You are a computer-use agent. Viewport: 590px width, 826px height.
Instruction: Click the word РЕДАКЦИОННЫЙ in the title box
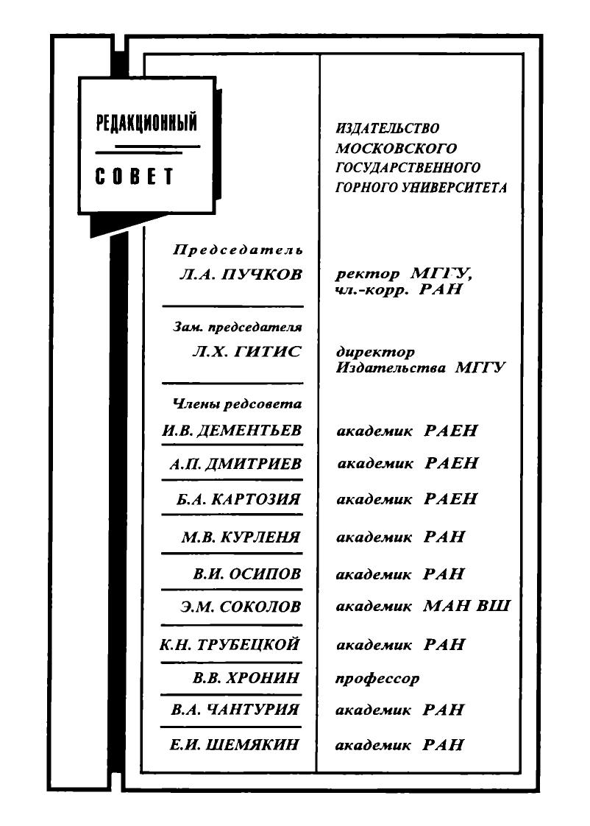click(x=146, y=122)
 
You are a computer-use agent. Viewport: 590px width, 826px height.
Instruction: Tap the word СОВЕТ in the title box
click(x=134, y=177)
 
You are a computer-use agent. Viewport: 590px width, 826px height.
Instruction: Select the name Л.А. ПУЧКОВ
click(x=241, y=274)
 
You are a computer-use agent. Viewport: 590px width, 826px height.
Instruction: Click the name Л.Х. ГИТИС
click(x=247, y=351)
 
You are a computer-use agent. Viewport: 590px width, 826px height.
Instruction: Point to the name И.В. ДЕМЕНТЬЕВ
click(x=232, y=431)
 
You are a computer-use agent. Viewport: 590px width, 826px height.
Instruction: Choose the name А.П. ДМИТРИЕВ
click(x=235, y=464)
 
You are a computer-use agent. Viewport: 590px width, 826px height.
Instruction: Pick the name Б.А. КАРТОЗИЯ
click(x=238, y=499)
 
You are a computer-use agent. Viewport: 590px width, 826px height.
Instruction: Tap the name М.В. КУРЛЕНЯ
click(x=241, y=537)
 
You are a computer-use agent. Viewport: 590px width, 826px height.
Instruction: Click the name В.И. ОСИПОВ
click(x=247, y=573)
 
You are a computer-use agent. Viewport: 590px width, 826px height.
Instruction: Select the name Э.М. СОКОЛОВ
click(x=241, y=607)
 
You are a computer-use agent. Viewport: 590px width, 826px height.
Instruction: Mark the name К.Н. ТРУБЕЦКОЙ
click(x=230, y=644)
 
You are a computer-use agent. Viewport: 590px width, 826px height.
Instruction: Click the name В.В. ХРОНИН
click(x=246, y=677)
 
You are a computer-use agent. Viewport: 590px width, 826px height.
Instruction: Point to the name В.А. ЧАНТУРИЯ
click(x=235, y=710)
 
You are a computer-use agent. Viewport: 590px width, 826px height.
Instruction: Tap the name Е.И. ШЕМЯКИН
click(x=234, y=745)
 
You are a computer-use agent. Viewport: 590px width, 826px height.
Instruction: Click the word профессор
click(x=377, y=679)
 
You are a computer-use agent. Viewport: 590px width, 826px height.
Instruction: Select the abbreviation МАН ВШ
click(x=467, y=605)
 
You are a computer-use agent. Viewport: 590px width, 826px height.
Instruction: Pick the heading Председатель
click(x=238, y=250)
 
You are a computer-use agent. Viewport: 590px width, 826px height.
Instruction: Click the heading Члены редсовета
click(x=238, y=404)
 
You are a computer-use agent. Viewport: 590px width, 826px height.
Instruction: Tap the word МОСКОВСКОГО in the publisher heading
click(x=397, y=148)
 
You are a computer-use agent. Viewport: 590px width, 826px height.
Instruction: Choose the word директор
click(x=375, y=352)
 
